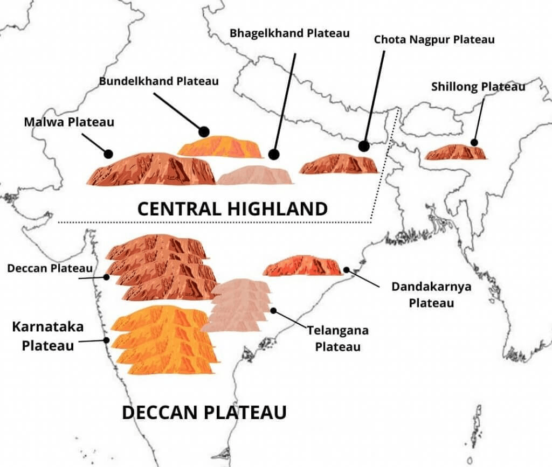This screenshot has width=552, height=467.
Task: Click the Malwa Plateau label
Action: click(69, 122)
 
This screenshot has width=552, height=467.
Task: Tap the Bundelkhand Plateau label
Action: click(159, 81)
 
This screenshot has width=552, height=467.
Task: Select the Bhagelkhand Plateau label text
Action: click(290, 33)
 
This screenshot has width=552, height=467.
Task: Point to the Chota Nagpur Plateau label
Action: click(434, 39)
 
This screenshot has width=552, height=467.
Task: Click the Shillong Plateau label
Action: click(478, 86)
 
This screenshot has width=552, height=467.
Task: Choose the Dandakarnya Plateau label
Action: click(431, 294)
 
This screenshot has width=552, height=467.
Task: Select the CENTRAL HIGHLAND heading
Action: click(232, 208)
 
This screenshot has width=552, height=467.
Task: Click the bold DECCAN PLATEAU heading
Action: click(204, 413)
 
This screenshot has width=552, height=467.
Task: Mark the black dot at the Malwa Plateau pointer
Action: click(108, 154)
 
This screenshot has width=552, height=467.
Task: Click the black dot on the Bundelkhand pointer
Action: click(204, 131)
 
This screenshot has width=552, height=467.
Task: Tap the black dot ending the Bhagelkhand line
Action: click(273, 155)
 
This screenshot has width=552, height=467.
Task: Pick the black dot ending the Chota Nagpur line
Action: click(364, 145)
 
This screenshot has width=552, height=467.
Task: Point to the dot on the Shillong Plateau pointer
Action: click(474, 143)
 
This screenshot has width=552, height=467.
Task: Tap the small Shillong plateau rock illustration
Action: click(456, 152)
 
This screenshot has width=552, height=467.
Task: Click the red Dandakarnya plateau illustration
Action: click(302, 266)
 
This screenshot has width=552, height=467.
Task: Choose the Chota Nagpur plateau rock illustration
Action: click(339, 164)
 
